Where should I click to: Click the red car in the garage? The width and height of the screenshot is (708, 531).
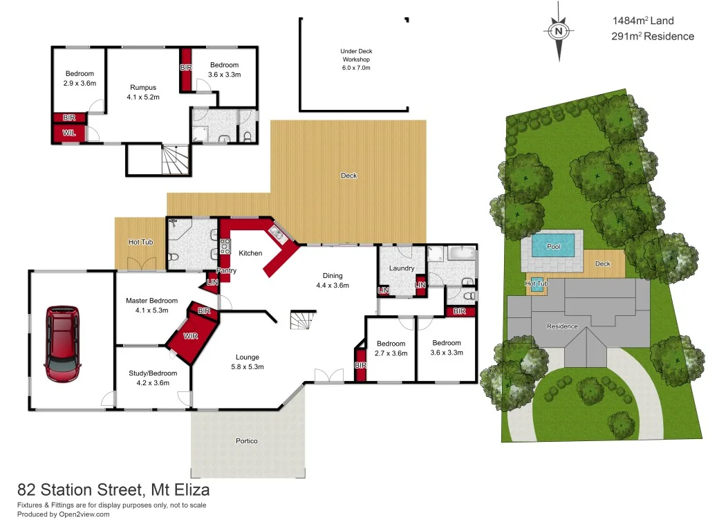point(63,344)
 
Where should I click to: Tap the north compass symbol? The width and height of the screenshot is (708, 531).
point(558,31)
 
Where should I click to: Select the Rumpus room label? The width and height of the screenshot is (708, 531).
point(143,93)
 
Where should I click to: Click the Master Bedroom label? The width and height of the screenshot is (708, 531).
point(151,305)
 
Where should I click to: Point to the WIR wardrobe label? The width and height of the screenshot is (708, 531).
point(192,337)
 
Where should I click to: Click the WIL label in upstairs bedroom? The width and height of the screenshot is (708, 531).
point(69,132)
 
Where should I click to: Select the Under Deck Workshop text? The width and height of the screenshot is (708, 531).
point(356,59)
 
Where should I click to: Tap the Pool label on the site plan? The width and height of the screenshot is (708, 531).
point(554,246)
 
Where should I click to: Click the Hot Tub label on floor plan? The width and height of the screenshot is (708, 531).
point(140,242)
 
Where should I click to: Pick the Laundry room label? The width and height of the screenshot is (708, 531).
point(402,268)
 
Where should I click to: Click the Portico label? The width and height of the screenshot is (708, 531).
point(247,440)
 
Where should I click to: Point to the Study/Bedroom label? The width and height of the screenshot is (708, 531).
point(153,378)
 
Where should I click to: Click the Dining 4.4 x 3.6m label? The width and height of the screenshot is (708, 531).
point(333,280)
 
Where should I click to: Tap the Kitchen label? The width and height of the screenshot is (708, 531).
point(250,253)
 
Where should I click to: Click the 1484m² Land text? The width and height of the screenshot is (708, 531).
point(642,21)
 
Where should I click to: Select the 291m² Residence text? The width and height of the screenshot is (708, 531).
point(652,37)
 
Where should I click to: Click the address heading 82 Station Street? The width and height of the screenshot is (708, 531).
point(113,490)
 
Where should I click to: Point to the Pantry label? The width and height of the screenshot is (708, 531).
point(227,270)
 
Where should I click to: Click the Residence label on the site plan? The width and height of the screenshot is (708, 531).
point(562,326)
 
